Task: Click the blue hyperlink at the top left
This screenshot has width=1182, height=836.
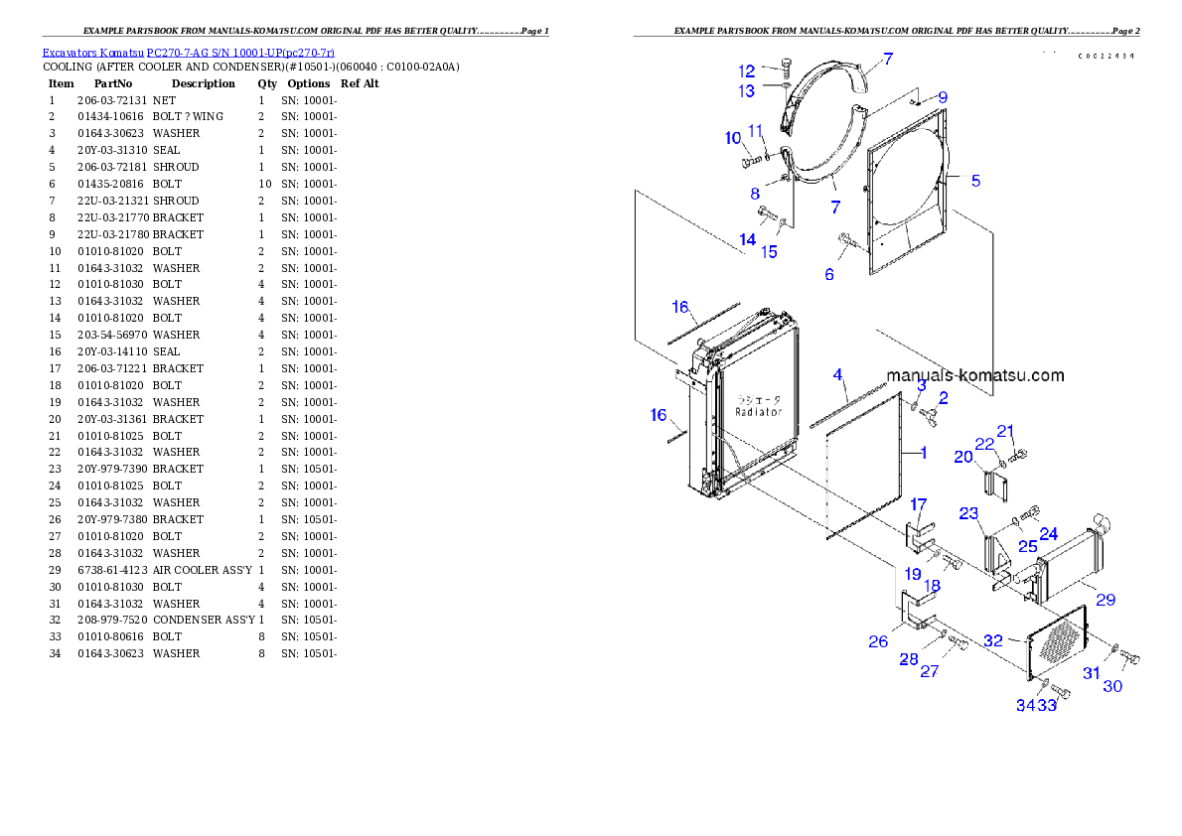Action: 188,52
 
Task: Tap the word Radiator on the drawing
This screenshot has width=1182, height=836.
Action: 759,411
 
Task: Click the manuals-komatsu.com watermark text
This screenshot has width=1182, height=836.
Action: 974,375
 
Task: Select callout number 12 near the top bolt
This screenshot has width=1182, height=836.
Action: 746,70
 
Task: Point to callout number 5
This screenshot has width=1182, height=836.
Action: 975,180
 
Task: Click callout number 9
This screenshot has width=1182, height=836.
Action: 942,97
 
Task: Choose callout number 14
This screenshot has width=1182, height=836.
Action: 747,239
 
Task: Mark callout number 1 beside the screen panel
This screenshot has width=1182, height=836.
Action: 923,453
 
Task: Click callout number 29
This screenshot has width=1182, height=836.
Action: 1105,600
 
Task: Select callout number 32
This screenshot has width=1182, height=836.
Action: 993,641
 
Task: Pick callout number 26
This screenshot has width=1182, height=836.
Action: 878,641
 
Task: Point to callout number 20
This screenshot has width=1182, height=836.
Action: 962,457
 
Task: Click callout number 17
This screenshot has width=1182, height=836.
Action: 918,504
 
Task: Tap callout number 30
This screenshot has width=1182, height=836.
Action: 1112,686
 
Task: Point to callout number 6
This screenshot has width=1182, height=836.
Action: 829,274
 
